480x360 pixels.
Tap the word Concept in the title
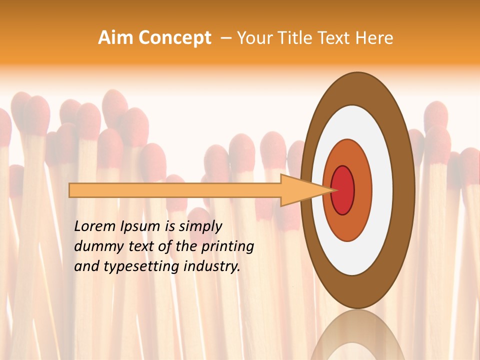(174, 38)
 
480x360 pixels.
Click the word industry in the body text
(210, 266)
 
